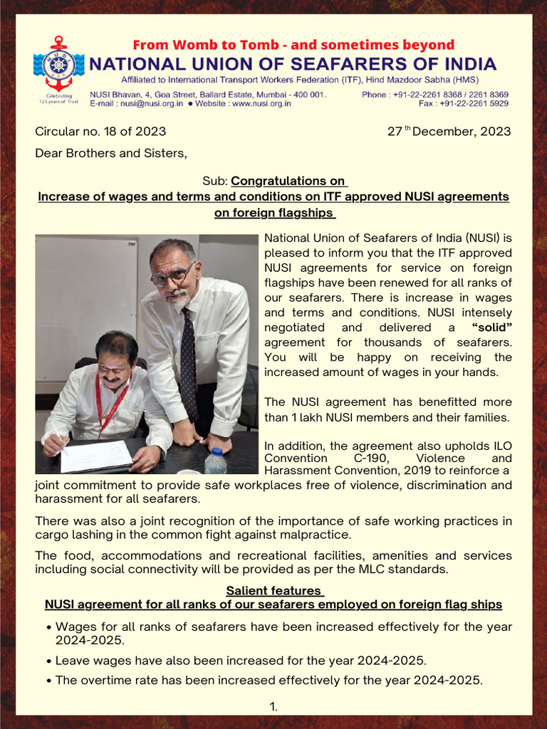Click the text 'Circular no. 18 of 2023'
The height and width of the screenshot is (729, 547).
pos(100,132)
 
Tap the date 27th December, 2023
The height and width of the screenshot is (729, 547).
pos(449,132)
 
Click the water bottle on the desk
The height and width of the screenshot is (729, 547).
pos(216,461)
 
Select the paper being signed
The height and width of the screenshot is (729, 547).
pos(96,456)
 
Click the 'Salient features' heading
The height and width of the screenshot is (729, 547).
pos(273,591)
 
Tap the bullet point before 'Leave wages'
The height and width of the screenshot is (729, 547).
pos(48,661)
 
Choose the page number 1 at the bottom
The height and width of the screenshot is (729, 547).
pos(273,706)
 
